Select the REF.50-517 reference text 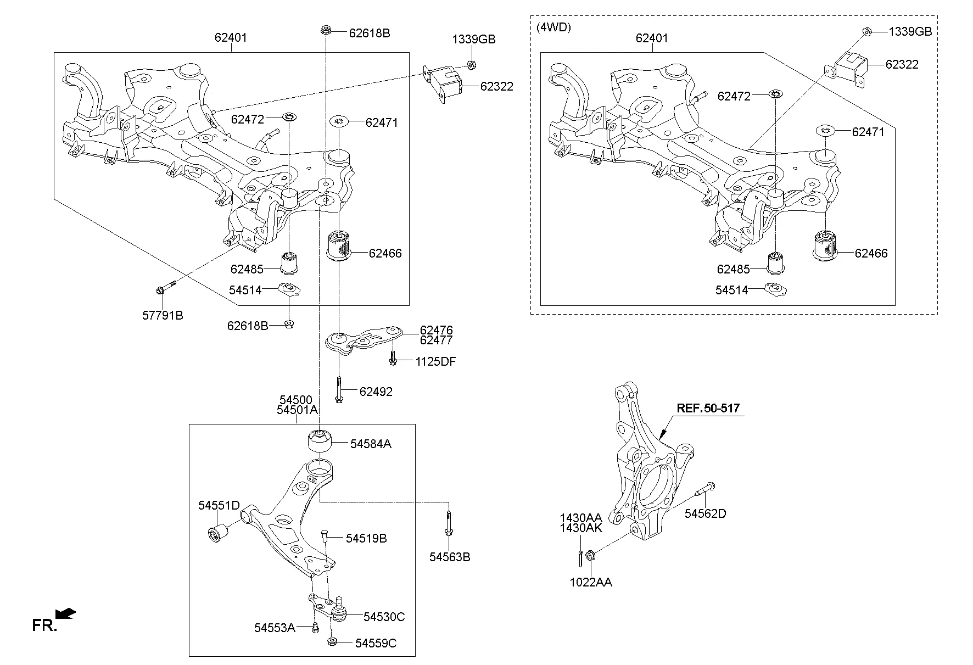[x=708, y=408]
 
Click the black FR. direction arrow [x=66, y=614]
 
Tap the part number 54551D [x=219, y=505]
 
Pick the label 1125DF [x=435, y=361]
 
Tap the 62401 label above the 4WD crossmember [x=652, y=38]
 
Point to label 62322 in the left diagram [x=496, y=86]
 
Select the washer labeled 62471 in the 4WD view [x=825, y=131]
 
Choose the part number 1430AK [x=581, y=528]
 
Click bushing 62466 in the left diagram [x=339, y=246]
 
